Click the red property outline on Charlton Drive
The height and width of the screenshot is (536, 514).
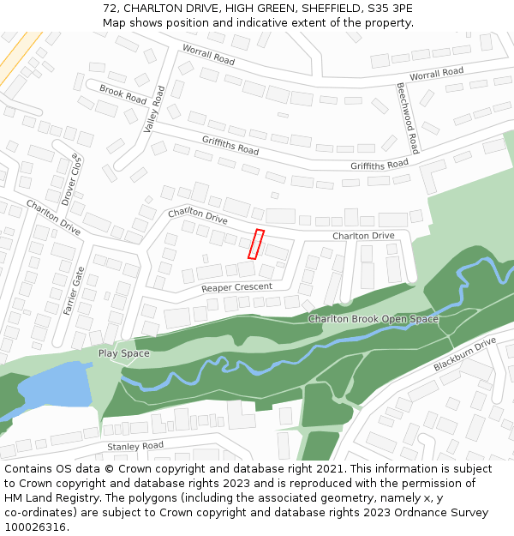pos(256,244)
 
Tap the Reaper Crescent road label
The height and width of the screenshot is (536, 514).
pos(236,287)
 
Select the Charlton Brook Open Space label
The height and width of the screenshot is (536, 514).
pos(373,319)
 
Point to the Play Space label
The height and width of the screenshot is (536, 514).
pos(123,353)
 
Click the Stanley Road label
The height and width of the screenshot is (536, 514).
pos(135,447)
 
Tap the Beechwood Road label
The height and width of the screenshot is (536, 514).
pos(407,117)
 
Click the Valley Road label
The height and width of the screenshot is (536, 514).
pos(154,109)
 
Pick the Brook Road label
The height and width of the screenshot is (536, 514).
pos(123,94)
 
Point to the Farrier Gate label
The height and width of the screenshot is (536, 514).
pos(74,291)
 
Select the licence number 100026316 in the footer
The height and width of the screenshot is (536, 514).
pos(35,527)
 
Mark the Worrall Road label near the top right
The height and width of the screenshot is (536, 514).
pos(436,75)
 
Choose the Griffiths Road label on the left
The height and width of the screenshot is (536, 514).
pos(230,145)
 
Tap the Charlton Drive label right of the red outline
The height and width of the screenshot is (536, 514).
pos(363,236)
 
